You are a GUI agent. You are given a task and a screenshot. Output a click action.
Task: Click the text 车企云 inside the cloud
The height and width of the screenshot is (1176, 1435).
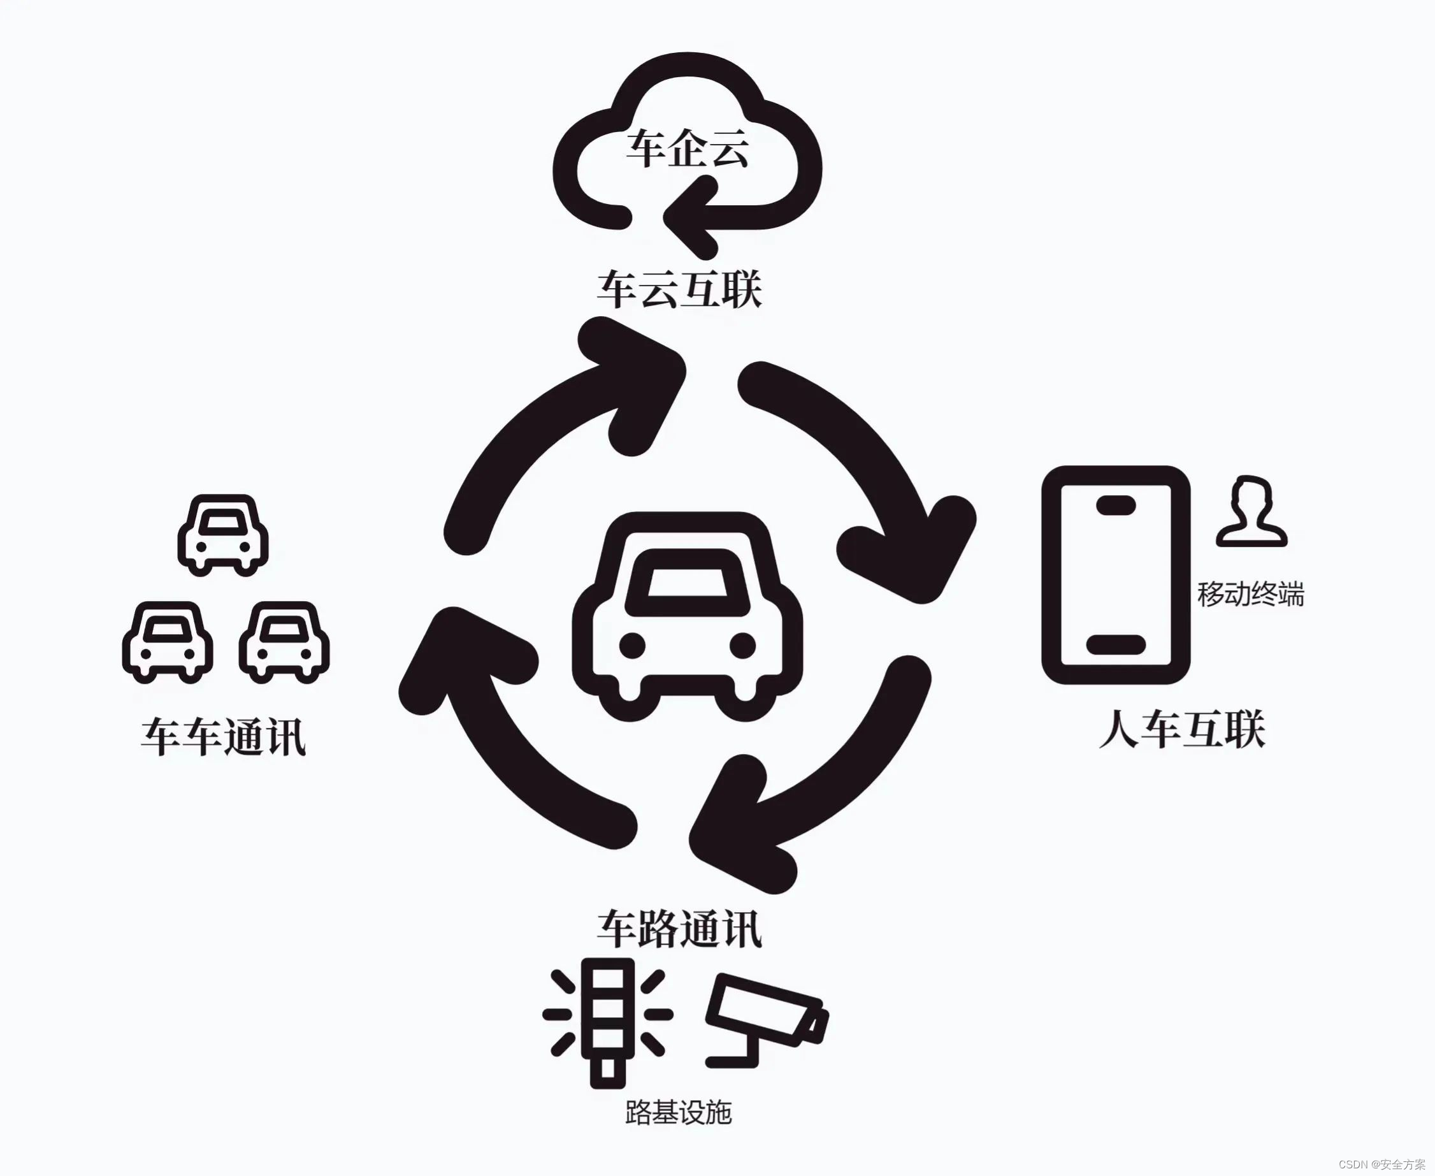(x=687, y=149)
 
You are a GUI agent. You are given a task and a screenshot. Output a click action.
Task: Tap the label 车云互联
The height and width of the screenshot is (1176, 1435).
(x=679, y=290)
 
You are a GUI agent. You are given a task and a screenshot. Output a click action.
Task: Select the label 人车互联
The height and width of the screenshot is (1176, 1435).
(x=1182, y=730)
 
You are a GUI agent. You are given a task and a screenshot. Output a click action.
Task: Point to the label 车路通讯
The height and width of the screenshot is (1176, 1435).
(x=679, y=929)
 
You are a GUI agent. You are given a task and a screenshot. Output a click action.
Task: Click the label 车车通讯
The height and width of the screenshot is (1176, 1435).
(x=224, y=737)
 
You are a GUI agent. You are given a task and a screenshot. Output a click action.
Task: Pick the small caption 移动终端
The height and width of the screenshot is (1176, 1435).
(x=1250, y=594)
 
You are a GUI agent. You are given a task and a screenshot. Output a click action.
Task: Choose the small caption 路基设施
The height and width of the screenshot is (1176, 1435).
(x=678, y=1112)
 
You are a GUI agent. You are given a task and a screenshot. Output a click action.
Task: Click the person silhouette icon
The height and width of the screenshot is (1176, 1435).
(x=1251, y=511)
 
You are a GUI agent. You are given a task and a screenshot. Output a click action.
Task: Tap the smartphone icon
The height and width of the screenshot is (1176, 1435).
(x=1115, y=575)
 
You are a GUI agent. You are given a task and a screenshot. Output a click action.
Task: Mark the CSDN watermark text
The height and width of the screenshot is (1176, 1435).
(x=1381, y=1164)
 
